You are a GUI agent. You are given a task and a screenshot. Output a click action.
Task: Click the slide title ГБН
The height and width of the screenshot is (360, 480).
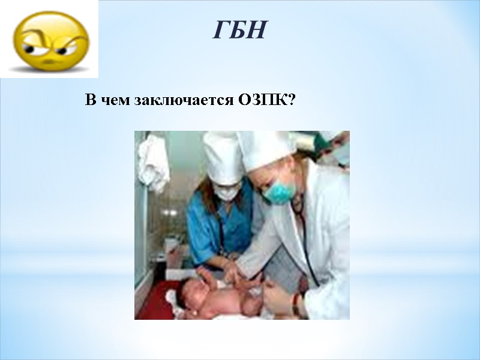click(239, 30)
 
